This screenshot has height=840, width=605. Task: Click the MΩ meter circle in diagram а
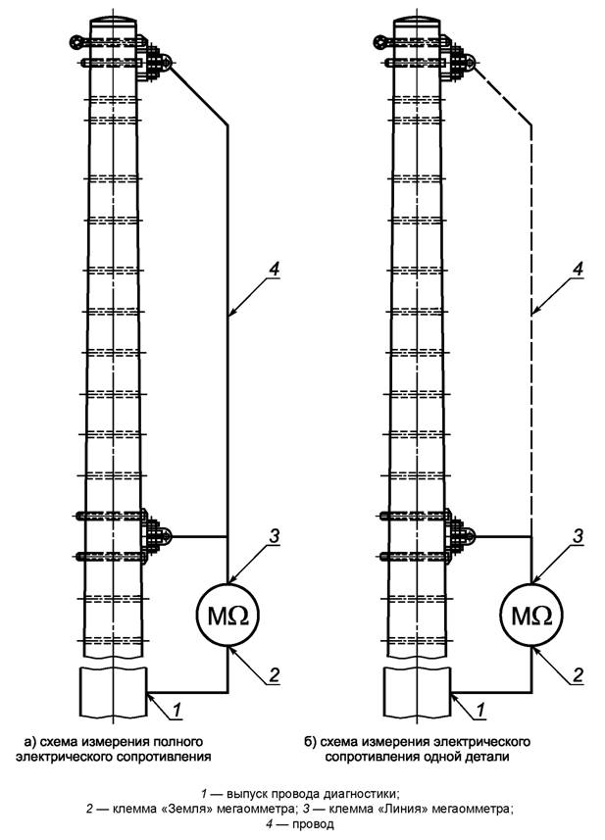[x=227, y=616]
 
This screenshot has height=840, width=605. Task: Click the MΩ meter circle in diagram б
[x=531, y=616]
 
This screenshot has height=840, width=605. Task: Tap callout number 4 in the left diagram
[x=276, y=268]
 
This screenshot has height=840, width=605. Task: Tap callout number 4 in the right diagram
[x=579, y=268]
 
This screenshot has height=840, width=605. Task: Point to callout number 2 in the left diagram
[x=276, y=673]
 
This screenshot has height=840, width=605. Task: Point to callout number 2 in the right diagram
[x=579, y=673]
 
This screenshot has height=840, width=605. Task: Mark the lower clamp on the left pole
[x=154, y=535]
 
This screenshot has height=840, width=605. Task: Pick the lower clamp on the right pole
[x=458, y=535]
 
